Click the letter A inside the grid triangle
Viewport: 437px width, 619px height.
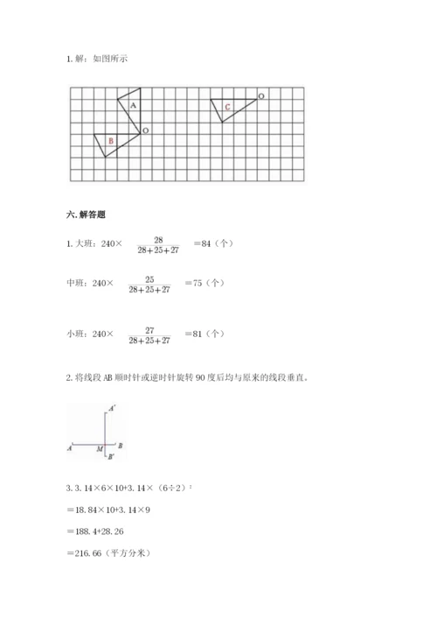click(x=132, y=104)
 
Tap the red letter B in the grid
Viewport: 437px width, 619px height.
click(x=110, y=140)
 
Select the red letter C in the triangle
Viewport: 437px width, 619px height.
click(x=227, y=108)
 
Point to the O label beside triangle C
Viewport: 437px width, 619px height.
click(x=261, y=94)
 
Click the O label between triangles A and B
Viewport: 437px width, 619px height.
click(x=145, y=130)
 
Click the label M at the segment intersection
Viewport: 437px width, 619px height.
click(x=101, y=449)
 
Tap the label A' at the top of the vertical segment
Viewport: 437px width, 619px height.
click(x=112, y=408)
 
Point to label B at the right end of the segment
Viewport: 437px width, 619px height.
click(x=120, y=446)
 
